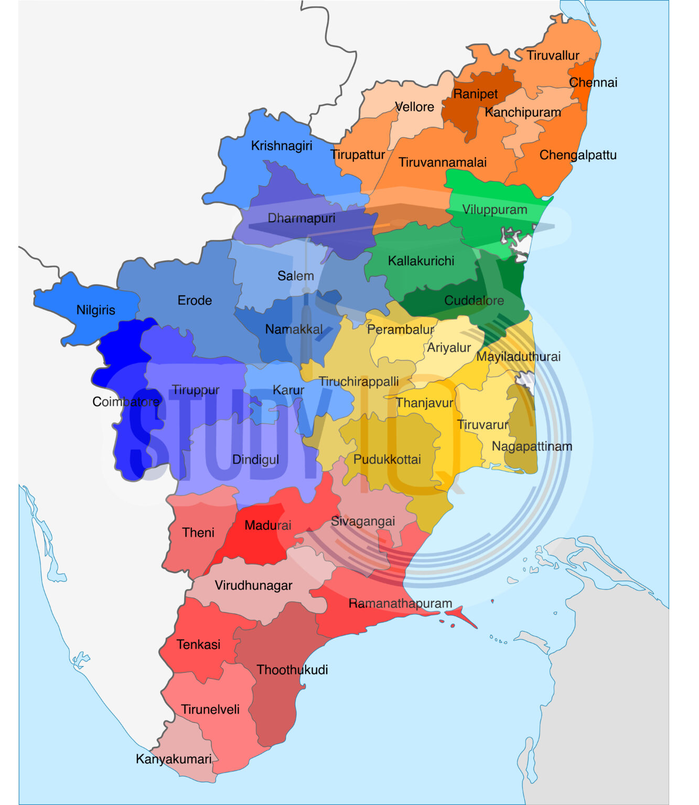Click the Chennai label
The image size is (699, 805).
click(593, 82)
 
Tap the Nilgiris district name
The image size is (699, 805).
click(95, 310)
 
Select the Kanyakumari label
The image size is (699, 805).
click(174, 759)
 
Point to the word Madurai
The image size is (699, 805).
click(267, 525)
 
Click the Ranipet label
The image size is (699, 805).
click(475, 94)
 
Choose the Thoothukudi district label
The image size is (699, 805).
click(292, 670)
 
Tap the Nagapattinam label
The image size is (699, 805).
click(532, 447)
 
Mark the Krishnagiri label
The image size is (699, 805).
click(282, 146)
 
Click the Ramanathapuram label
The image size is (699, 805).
click(400, 603)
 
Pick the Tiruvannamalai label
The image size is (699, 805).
click(443, 162)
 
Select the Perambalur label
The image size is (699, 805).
click(401, 329)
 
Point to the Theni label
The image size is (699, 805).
click(198, 532)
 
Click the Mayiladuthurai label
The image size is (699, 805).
click(518, 357)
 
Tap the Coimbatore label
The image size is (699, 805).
click(126, 402)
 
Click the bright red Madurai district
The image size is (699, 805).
click(257, 545)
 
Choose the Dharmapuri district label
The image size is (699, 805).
click(301, 218)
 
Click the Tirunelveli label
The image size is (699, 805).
click(210, 710)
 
